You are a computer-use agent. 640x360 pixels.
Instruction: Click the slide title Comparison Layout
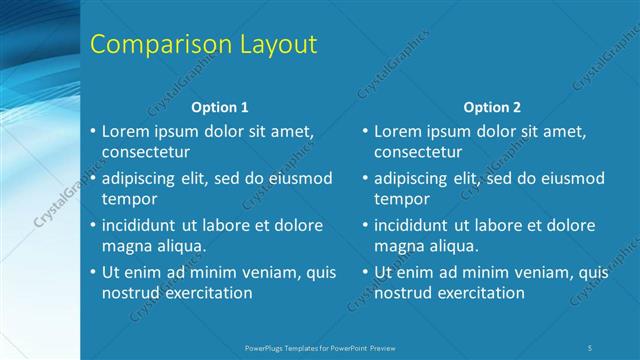204,45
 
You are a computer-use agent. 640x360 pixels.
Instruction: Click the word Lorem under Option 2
398,130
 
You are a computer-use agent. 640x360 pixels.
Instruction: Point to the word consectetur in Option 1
146,152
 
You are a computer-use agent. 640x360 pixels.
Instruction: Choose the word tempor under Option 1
126,198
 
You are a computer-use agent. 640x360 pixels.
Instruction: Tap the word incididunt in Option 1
143,225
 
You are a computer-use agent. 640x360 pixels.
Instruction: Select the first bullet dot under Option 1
93,131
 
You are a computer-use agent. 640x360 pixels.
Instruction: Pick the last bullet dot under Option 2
365,272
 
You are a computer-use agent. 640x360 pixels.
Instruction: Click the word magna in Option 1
125,245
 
